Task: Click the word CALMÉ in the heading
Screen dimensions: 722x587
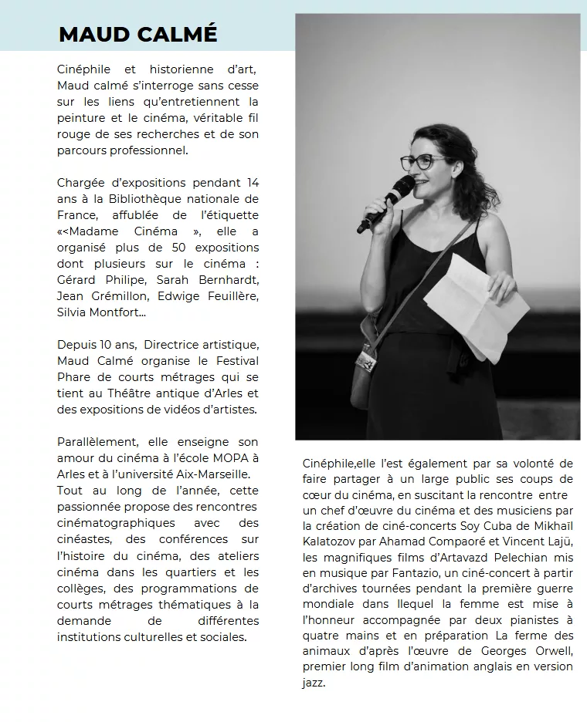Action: click(178, 35)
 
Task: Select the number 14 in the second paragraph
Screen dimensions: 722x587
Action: click(252, 183)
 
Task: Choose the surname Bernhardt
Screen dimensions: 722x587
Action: click(230, 280)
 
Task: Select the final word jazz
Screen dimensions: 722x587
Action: click(314, 683)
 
